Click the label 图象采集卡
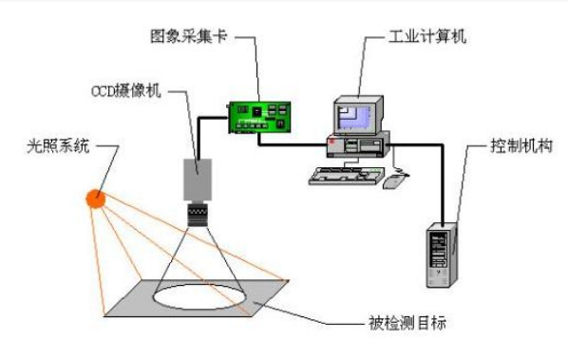188,36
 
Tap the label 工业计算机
427,37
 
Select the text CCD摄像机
125,91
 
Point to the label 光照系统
58,146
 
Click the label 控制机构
521,146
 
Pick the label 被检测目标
407,322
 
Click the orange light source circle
96,199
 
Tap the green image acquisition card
259,118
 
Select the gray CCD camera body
198,180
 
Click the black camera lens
198,215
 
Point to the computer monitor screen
354,118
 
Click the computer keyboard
346,176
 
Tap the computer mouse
394,181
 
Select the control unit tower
442,255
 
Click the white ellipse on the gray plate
199,296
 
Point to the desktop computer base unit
358,145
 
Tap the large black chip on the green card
256,111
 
